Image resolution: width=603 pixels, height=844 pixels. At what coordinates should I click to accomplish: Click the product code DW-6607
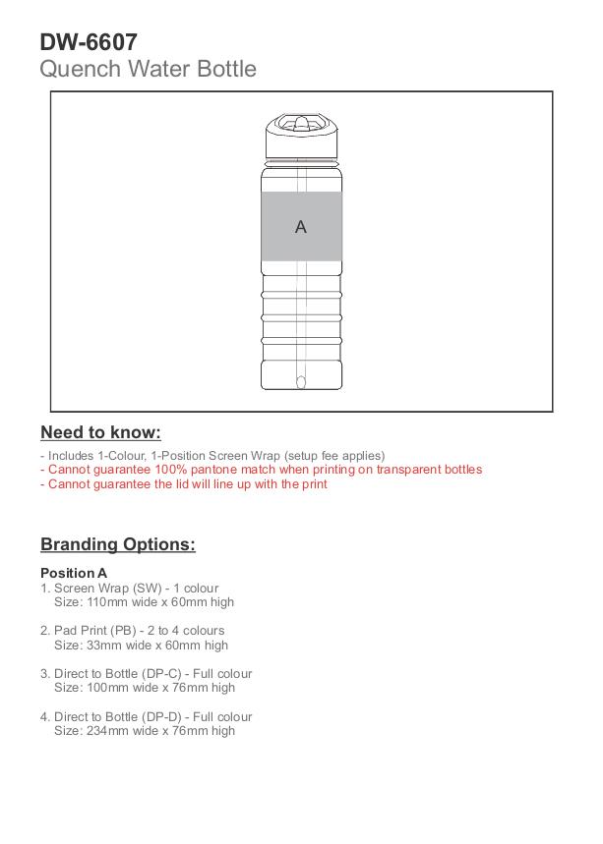(x=89, y=42)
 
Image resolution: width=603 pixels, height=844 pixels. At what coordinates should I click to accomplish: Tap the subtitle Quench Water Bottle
(x=148, y=69)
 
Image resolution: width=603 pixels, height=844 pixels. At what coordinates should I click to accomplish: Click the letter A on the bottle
(x=301, y=227)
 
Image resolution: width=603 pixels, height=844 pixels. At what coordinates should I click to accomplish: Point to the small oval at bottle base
(x=301, y=381)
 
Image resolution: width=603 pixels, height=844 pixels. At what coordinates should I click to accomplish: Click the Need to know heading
(x=100, y=432)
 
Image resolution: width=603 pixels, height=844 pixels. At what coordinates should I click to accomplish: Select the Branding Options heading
(x=117, y=544)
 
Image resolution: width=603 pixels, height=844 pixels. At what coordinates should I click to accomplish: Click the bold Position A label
(x=74, y=573)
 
